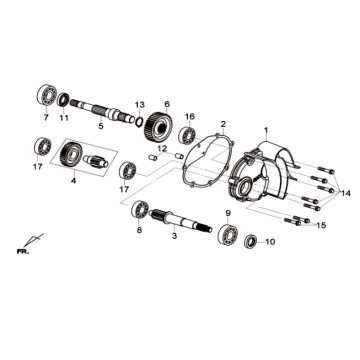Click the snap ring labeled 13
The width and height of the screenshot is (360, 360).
(139, 120)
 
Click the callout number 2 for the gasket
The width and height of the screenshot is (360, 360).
(222, 123)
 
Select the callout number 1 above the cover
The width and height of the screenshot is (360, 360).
(265, 131)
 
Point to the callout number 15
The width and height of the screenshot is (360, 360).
(319, 226)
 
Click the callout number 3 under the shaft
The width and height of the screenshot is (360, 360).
(175, 236)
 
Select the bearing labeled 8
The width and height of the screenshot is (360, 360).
(139, 210)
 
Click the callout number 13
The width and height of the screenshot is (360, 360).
(140, 103)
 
